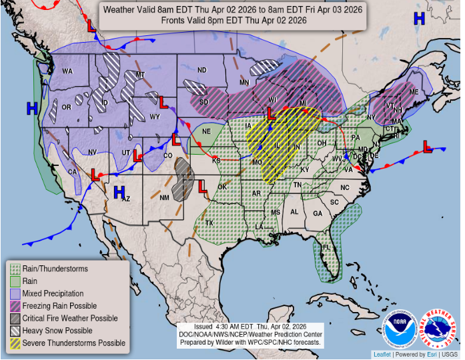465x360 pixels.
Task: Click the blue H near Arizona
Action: (119, 193)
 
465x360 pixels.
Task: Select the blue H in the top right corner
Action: (419, 19)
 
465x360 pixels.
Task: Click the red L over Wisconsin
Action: (272, 114)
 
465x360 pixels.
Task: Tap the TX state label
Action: (209, 223)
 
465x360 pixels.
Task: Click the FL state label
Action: (327, 247)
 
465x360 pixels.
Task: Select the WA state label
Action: (67, 71)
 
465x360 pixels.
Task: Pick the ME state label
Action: (414, 92)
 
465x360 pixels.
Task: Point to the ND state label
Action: (201, 70)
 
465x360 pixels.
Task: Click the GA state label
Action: (318, 213)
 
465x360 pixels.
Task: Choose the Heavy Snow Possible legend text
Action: (57, 331)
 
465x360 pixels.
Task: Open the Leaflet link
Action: (382, 355)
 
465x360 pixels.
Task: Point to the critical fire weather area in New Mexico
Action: (182, 179)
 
